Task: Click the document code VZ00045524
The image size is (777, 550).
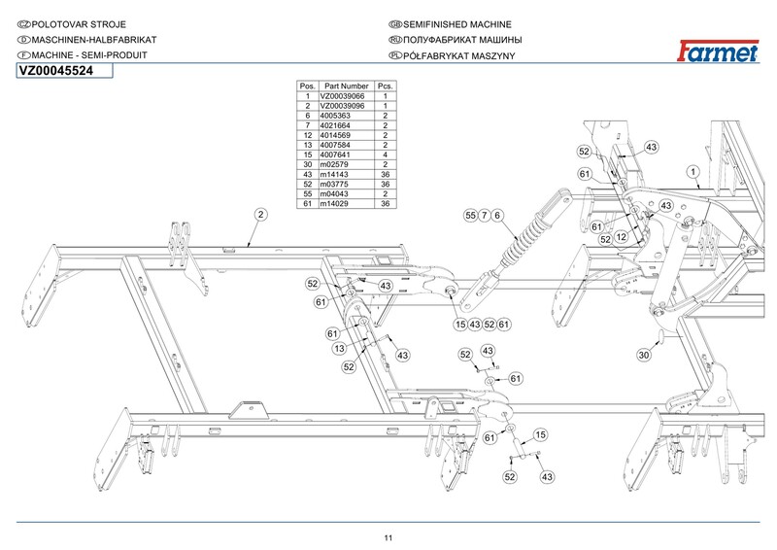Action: pyautogui.click(x=55, y=70)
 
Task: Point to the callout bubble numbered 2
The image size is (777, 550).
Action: pyautogui.click(x=260, y=214)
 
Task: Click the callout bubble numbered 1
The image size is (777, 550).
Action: pyautogui.click(x=693, y=172)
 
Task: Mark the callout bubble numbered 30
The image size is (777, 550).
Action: pyautogui.click(x=644, y=356)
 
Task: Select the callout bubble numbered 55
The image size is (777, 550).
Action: pyautogui.click(x=470, y=215)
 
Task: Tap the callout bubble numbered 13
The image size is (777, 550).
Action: pyautogui.click(x=340, y=349)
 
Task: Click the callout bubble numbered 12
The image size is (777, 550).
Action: pyautogui.click(x=620, y=237)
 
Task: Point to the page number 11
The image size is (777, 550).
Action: pyautogui.click(x=388, y=538)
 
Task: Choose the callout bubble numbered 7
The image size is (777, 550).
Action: pyautogui.click(x=484, y=215)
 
